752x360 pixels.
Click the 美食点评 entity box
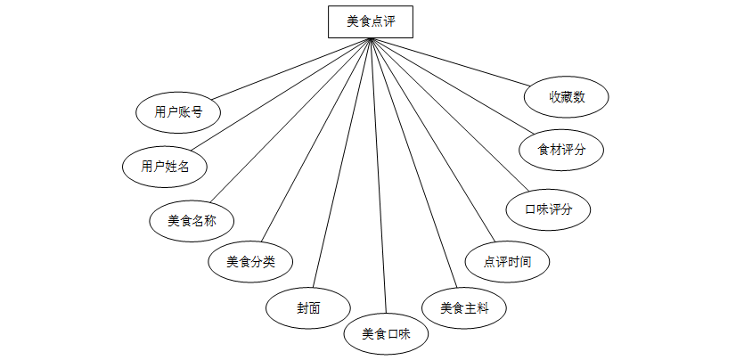370,21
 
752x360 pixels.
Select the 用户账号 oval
178,112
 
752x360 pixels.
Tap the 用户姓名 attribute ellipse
166,166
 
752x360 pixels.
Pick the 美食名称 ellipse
192,219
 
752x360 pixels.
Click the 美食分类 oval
250,262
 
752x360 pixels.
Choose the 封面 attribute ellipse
308,307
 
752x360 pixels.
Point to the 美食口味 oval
386,335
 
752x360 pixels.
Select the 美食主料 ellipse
465,307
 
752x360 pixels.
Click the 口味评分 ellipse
548,209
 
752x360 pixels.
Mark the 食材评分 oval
562,150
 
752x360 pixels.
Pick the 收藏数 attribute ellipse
567,97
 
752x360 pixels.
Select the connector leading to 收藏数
454,62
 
